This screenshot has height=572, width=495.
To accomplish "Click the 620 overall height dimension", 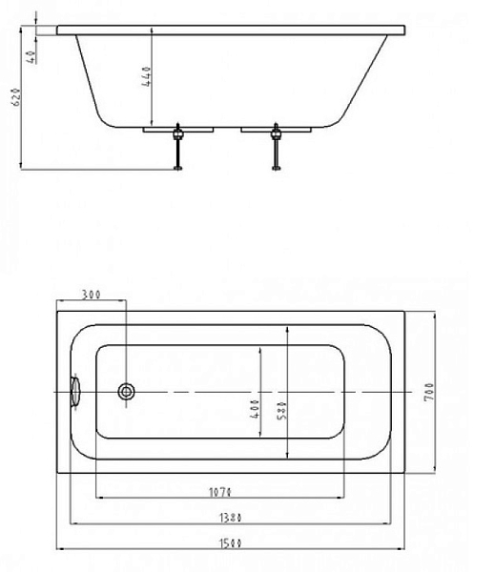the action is pyautogui.click(x=17, y=96).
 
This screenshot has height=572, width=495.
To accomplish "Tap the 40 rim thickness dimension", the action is pyautogui.click(x=31, y=57).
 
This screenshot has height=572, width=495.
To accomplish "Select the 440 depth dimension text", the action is pyautogui.click(x=146, y=76).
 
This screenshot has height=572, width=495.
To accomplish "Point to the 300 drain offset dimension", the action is pyautogui.click(x=91, y=294).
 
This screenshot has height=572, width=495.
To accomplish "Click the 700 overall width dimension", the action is pyautogui.click(x=429, y=392).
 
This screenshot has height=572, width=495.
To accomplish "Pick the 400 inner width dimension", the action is pyautogui.click(x=256, y=409).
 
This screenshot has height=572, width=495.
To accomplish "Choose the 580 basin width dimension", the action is pyautogui.click(x=282, y=411).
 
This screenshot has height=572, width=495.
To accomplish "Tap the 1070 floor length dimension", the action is pyautogui.click(x=220, y=493).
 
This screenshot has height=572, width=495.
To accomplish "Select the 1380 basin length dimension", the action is pyautogui.click(x=231, y=518).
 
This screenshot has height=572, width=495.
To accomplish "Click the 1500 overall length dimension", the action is pyautogui.click(x=231, y=543).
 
